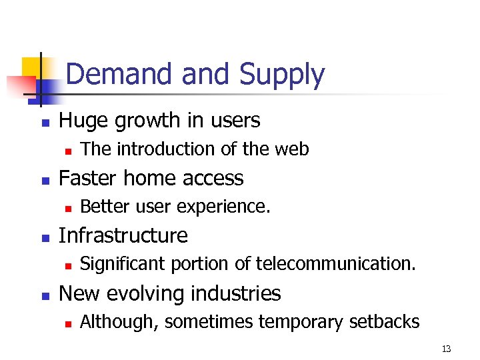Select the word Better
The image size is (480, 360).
(x=105, y=207)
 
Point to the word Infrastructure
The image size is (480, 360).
(x=123, y=235)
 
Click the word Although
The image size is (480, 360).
(x=119, y=322)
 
